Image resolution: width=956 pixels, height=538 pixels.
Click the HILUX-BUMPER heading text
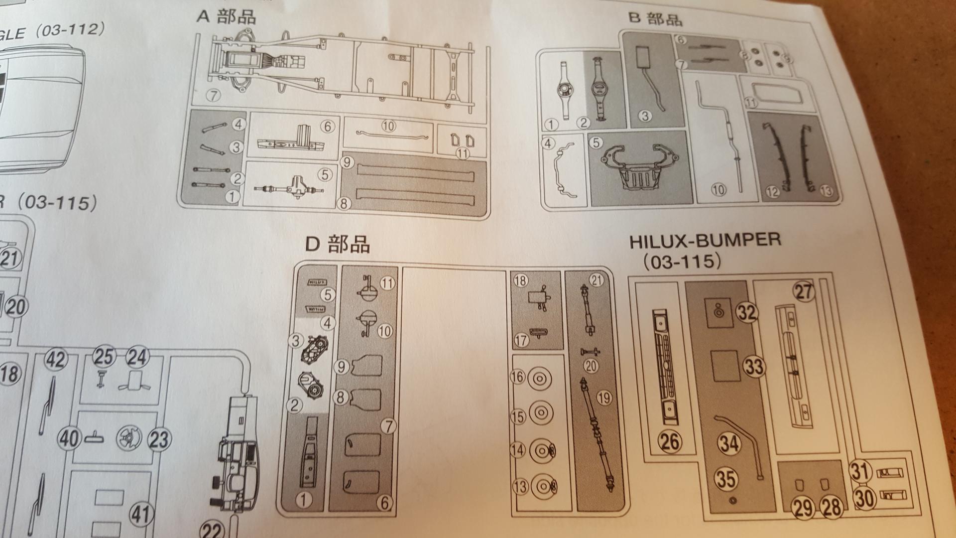705,241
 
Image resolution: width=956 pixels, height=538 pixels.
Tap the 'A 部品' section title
227,16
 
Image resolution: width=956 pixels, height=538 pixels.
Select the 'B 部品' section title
655,18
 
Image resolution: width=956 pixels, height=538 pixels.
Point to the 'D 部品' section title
337,244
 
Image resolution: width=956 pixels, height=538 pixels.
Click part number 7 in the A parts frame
214,95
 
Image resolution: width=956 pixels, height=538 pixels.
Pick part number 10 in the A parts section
388,126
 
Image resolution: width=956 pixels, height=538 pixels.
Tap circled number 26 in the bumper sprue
670,441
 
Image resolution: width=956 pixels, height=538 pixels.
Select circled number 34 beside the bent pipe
729,443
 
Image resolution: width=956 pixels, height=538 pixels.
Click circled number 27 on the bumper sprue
804,292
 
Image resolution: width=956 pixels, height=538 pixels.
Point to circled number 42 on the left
55,359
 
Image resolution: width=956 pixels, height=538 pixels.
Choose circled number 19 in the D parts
604,398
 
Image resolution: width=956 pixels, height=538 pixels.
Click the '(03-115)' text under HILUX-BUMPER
681,262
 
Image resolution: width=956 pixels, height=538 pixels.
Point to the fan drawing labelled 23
128,439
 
